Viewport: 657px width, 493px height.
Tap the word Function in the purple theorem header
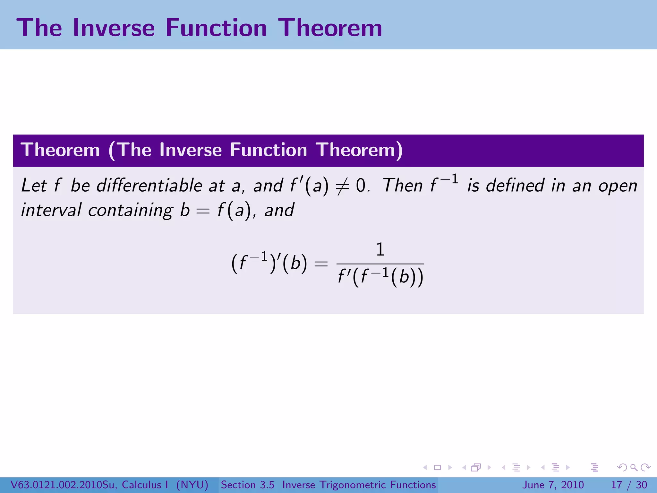coord(269,150)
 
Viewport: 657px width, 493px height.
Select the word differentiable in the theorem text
coord(149,186)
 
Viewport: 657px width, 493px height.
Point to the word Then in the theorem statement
coord(403,186)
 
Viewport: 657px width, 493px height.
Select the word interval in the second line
coord(51,210)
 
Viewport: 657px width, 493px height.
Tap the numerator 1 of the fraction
coord(380,249)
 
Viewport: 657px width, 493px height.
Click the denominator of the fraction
coord(380,277)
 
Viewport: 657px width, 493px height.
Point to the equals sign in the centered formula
coord(321,264)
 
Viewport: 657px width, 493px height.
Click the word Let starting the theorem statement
coord(34,186)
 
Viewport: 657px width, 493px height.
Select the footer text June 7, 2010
coord(553,485)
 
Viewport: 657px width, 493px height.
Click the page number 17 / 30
coord(629,485)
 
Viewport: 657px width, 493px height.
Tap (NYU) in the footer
coord(192,485)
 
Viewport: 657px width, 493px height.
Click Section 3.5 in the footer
coord(247,485)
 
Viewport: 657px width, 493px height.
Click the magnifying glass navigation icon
coord(634,467)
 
